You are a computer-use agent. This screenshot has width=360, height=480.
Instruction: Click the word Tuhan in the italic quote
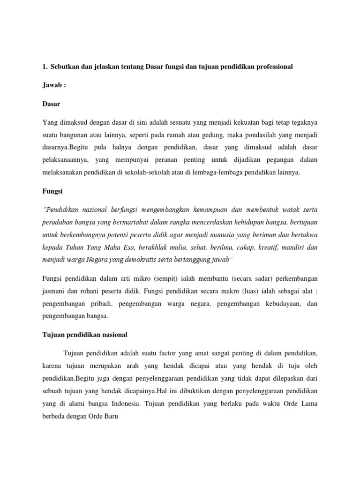[x=76, y=246]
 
